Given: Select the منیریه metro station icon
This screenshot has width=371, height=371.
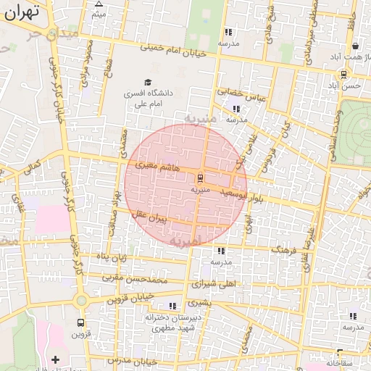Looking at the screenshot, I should (199, 178).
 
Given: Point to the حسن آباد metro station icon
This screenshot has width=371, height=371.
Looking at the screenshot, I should (343, 74).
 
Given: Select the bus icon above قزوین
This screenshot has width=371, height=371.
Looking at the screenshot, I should (80, 323).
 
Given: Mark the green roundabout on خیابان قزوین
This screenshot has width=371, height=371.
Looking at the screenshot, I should (81, 300).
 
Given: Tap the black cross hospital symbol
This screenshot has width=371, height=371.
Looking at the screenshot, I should (56, 359).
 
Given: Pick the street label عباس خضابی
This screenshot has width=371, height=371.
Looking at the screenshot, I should (243, 94).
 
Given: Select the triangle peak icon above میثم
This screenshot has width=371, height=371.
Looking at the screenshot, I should (99, 4).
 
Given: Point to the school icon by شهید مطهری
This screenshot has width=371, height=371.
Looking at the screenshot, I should (172, 306).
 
